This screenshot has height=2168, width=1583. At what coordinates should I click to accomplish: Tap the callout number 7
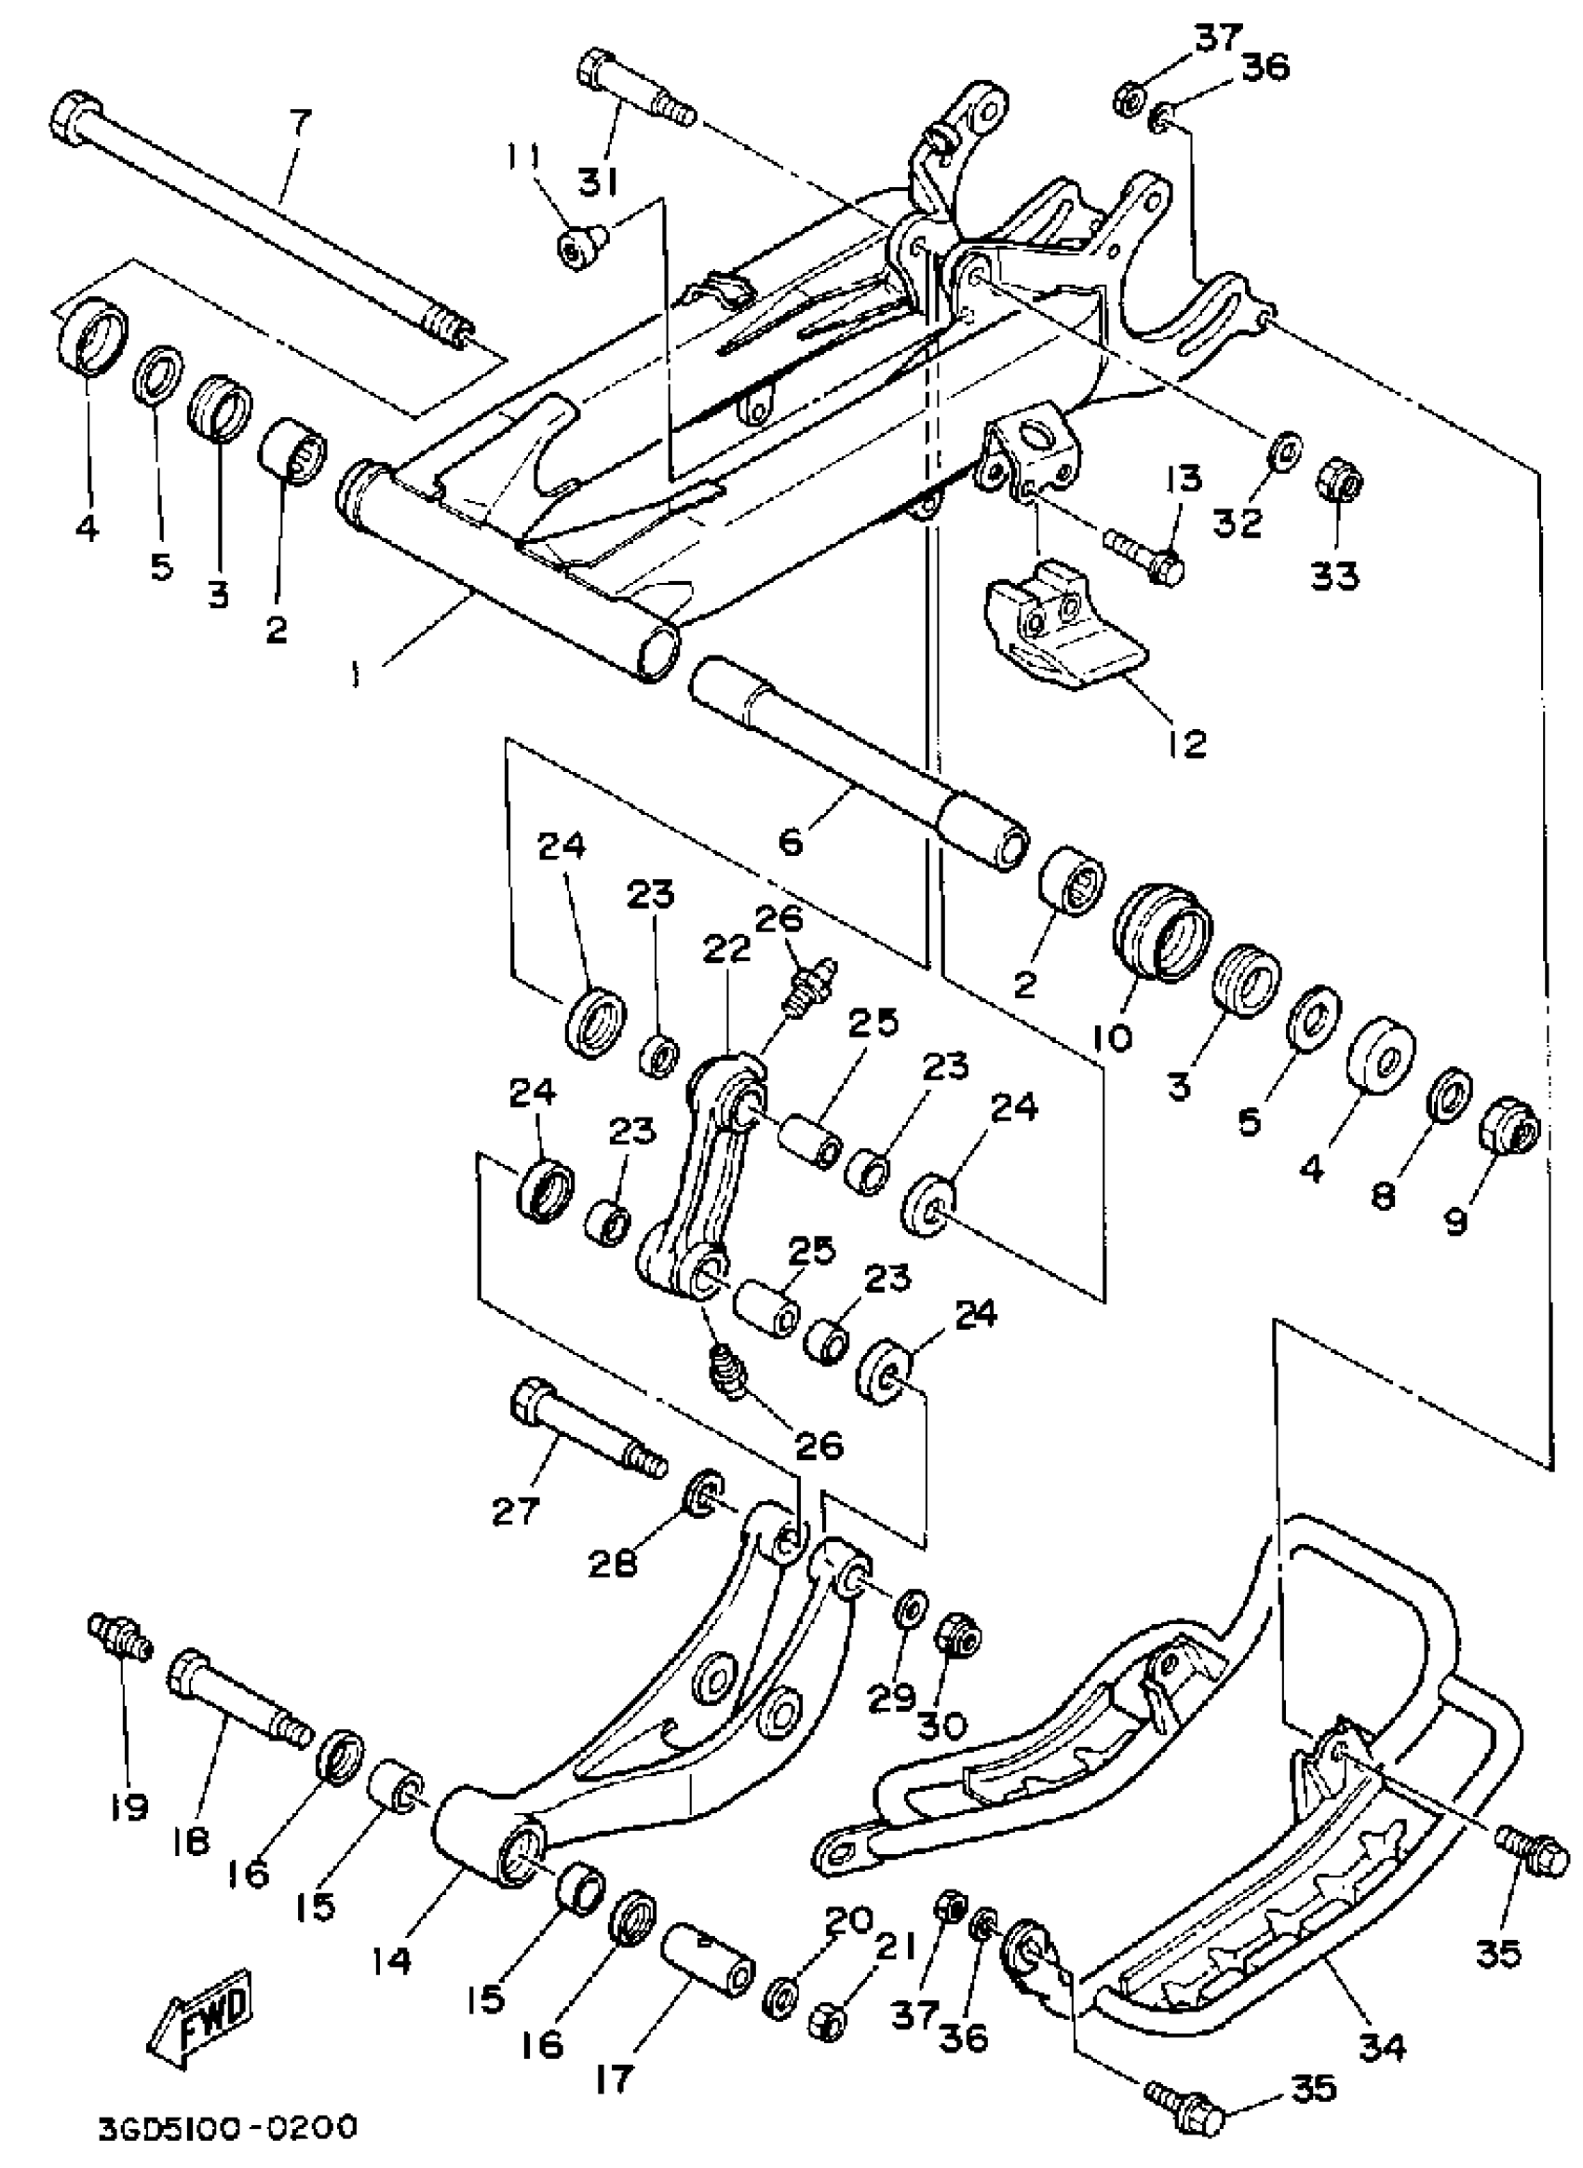point(301,122)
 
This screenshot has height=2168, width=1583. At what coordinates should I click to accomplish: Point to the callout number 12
point(1186,743)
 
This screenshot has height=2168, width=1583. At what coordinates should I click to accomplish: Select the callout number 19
point(129,1806)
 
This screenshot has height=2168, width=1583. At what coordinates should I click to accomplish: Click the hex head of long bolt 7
point(67,118)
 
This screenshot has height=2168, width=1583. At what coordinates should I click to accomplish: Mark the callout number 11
point(525,157)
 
